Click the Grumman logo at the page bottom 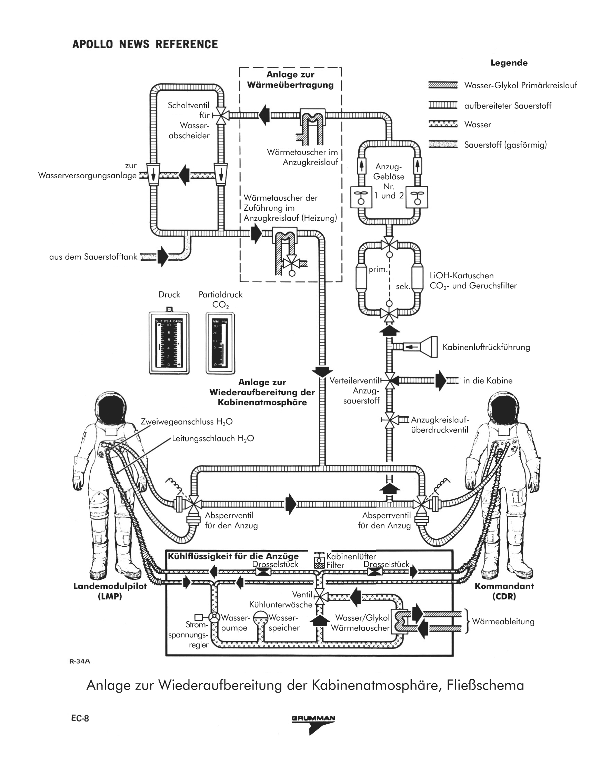coord(313,724)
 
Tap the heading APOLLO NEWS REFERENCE coord(145,44)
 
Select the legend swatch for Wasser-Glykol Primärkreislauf coord(443,85)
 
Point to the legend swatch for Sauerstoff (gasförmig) coord(443,145)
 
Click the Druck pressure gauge coord(169,343)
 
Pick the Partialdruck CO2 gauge coord(220,343)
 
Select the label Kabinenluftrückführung coord(486,347)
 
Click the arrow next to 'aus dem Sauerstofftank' coord(163,257)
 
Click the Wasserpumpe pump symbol coord(214,617)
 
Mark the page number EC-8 coord(80,718)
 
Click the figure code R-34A coord(79,661)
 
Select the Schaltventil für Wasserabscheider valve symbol coord(221,115)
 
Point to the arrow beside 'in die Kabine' coord(441,380)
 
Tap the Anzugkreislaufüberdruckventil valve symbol coord(390,419)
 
